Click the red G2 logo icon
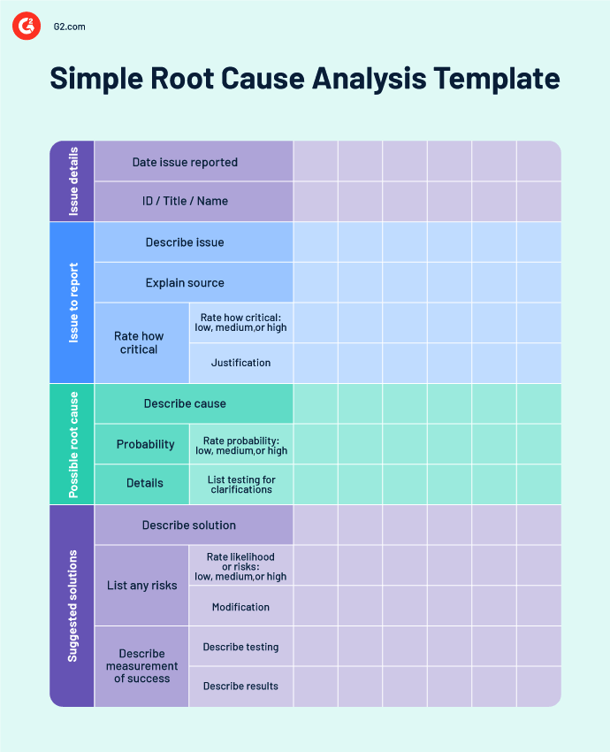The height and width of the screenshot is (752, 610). pos(27,27)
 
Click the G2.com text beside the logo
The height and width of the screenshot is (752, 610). pos(69,27)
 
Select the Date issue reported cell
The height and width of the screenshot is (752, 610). pos(185,162)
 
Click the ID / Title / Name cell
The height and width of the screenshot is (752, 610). pos(185,201)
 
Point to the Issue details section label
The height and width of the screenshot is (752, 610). pos(72,181)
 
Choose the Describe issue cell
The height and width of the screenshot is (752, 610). pos(185,242)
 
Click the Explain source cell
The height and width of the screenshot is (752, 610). pos(185,283)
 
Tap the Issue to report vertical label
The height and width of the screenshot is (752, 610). pos(72,303)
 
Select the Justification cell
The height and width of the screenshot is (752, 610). pos(240,363)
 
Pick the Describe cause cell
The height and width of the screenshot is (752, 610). pos(185,403)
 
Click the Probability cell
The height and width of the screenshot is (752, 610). pos(145,444)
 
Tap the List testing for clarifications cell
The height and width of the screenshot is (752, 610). pos(240,485)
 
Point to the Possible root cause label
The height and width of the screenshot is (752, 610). pos(72,444)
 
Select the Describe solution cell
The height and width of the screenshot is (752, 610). pos(189,525)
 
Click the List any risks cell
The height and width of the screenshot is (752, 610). pos(141,586)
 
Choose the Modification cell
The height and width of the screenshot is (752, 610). pos(240,607)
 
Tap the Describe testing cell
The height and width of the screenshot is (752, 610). pos(240,647)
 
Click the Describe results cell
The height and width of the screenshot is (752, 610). pos(240,687)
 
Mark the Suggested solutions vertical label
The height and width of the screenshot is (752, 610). pos(72,606)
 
